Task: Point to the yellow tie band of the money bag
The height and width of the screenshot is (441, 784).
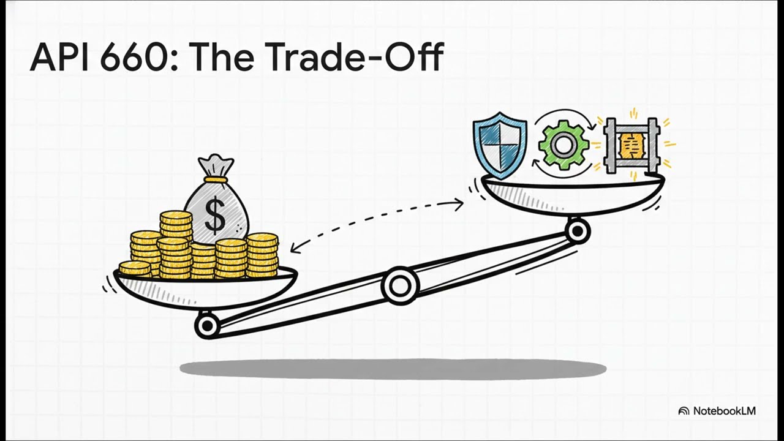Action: tap(216, 179)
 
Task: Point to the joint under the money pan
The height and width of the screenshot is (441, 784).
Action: tap(207, 326)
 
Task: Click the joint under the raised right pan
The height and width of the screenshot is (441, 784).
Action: tap(577, 232)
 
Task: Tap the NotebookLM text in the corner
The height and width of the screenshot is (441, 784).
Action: tap(724, 411)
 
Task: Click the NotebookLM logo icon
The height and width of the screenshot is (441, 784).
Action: tap(684, 411)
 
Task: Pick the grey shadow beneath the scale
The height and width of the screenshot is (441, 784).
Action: tap(393, 369)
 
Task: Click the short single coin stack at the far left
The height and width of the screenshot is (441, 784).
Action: tap(135, 268)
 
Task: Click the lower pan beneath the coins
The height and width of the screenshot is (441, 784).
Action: tap(205, 291)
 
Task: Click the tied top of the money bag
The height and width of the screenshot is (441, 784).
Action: tap(216, 165)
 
